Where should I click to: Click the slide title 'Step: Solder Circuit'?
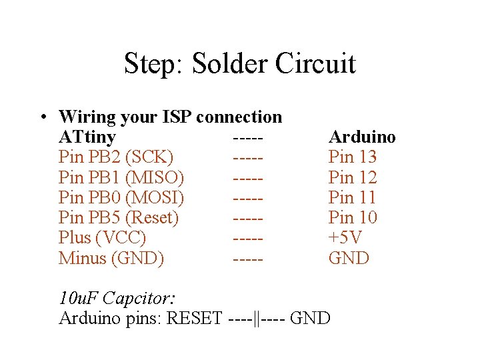pyautogui.click(x=239, y=64)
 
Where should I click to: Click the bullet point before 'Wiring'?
pyautogui.click(x=42, y=117)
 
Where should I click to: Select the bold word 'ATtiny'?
pyautogui.click(x=87, y=137)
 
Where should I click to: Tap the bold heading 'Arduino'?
pyautogui.click(x=361, y=137)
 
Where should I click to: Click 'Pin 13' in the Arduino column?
pyautogui.click(x=352, y=157)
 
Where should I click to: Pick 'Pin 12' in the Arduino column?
pyautogui.click(x=352, y=177)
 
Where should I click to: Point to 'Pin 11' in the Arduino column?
pyautogui.click(x=352, y=197)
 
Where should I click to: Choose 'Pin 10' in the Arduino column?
pyautogui.click(x=352, y=217)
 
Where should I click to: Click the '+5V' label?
pyautogui.click(x=345, y=237)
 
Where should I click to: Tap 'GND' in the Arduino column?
pyautogui.click(x=348, y=258)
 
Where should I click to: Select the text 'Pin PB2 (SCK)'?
pyautogui.click(x=115, y=157)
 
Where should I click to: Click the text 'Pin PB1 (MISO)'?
pyautogui.click(x=121, y=177)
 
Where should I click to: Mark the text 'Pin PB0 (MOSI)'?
pyautogui.click(x=121, y=197)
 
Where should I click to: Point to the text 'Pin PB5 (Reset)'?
pyautogui.click(x=119, y=217)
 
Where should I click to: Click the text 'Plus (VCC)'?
pyautogui.click(x=102, y=237)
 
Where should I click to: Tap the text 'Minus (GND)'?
pyautogui.click(x=111, y=258)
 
